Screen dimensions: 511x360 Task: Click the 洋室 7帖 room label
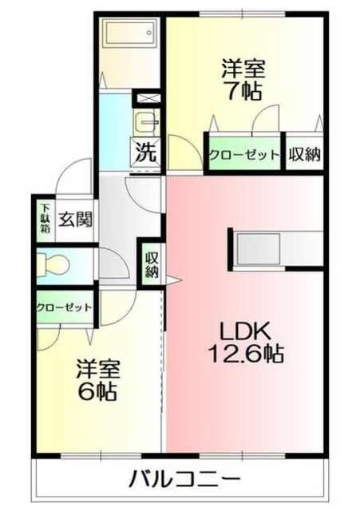(x=241, y=78)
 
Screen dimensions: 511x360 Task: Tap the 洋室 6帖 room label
(x=98, y=380)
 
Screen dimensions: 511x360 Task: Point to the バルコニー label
(x=184, y=481)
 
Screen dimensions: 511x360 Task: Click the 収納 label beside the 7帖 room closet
(x=305, y=154)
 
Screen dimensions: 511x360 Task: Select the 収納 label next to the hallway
(x=151, y=263)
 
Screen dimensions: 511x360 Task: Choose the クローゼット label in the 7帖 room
(x=244, y=154)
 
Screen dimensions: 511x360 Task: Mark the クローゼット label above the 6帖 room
(x=64, y=307)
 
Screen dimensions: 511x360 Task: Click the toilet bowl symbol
(x=57, y=263)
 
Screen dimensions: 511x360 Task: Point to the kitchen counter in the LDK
(x=276, y=250)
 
